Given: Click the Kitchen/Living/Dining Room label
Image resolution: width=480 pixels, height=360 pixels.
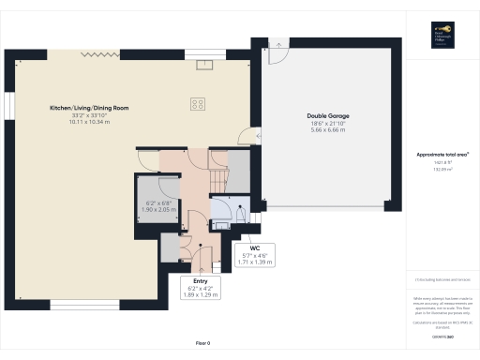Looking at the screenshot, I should [89, 108].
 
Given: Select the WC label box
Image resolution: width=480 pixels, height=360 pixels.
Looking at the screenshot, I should [254, 256].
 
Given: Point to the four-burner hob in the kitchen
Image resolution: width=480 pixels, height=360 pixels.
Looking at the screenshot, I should [198, 104].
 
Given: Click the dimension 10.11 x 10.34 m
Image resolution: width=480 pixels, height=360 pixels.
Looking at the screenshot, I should [89, 122].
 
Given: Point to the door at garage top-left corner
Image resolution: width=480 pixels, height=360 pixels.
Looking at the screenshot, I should [276, 54].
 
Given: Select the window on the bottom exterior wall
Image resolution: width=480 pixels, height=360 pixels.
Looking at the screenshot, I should [84, 304].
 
